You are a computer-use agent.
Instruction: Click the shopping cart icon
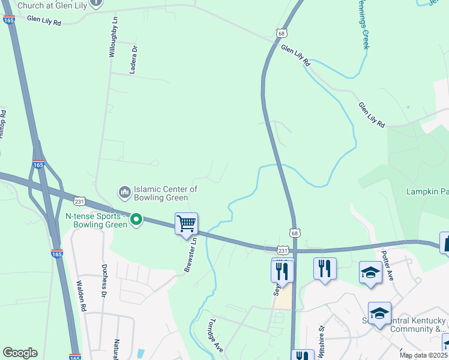(x=186, y=224)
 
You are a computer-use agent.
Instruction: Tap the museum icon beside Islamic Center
(x=125, y=192)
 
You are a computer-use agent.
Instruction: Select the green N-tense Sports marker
(x=136, y=220)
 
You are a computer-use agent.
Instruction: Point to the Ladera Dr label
(x=134, y=60)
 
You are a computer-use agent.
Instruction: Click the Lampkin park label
(x=427, y=192)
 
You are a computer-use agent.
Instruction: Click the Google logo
(x=20, y=353)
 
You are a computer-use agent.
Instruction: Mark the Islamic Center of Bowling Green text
(x=166, y=193)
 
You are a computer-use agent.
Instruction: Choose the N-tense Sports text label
(x=96, y=220)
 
